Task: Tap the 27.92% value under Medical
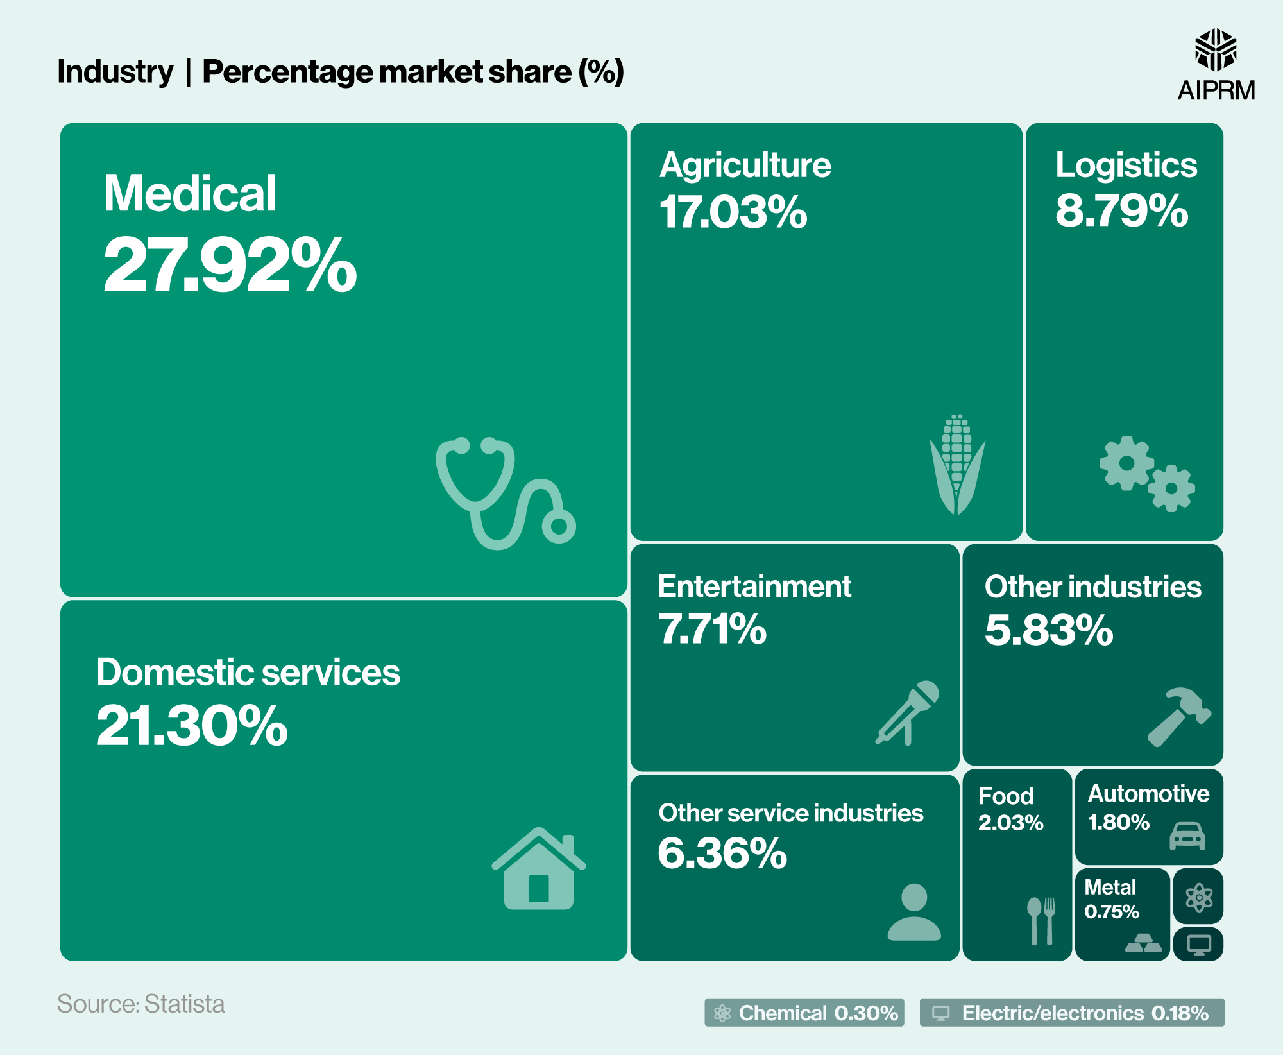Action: point(230,265)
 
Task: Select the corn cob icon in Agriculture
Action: point(957,464)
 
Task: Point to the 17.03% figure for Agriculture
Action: point(733,212)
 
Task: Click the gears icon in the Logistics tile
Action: point(1146,474)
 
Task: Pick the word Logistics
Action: point(1126,165)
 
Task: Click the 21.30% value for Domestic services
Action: point(192,726)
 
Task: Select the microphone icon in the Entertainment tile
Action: point(908,712)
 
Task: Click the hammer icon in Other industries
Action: point(1178,717)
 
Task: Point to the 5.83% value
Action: point(1048,630)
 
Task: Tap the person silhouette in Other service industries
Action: point(914,912)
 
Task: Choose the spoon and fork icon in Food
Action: point(1041,920)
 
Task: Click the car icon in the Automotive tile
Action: point(1187,835)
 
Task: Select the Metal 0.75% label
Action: point(1111,898)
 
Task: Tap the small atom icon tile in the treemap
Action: point(1198,897)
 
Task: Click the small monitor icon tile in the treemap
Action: point(1198,944)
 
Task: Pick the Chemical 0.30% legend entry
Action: point(804,1013)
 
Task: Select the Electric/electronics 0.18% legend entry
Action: point(1071,1013)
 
